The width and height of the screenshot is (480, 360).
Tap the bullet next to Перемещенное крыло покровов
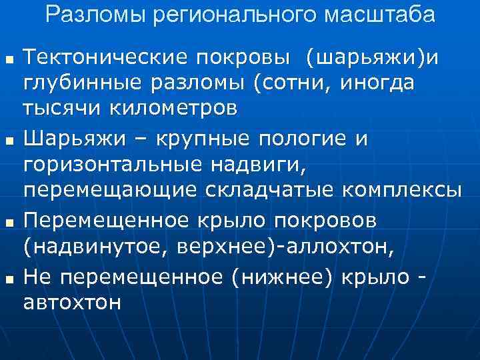click(8, 221)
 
